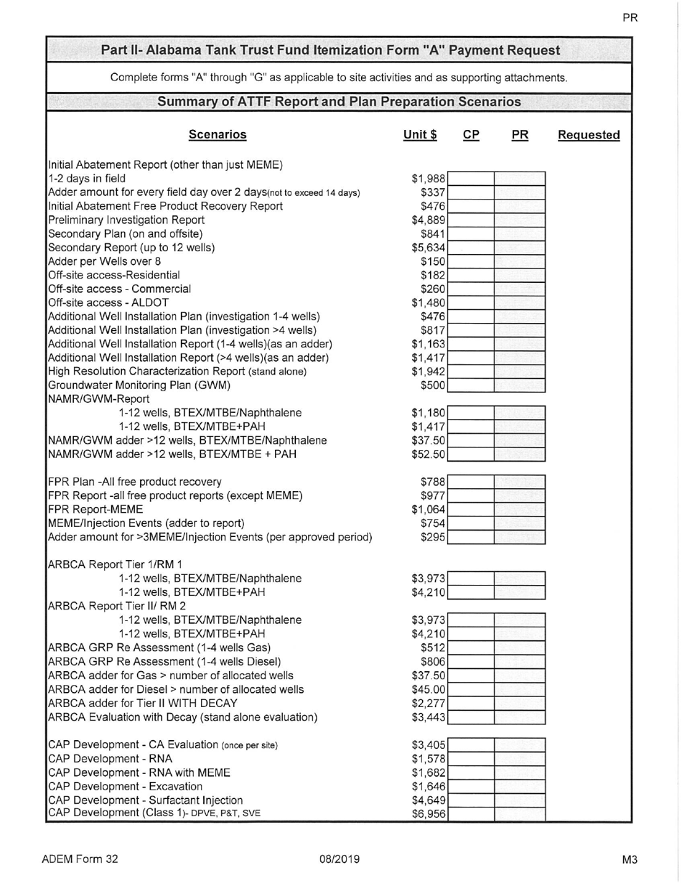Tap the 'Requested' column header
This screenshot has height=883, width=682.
[589, 134]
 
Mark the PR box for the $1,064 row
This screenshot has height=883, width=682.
[519, 508]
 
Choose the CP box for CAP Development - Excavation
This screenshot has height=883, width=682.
[472, 786]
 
